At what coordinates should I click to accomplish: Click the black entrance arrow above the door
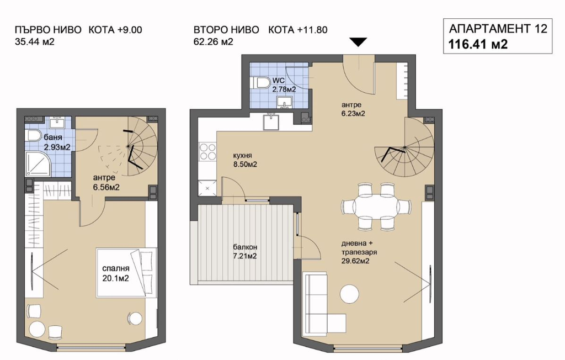click(x=358, y=42)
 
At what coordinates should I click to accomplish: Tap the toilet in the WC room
click(x=262, y=83)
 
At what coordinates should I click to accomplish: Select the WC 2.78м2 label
click(x=284, y=85)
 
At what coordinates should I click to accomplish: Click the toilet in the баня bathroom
click(x=34, y=136)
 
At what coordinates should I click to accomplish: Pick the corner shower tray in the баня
click(x=38, y=163)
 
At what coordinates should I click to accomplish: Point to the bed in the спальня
click(x=126, y=273)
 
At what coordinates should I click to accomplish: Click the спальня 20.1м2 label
click(x=116, y=273)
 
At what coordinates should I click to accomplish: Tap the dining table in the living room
click(x=376, y=207)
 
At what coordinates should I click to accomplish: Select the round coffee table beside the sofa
click(x=349, y=294)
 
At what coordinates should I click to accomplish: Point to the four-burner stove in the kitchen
click(x=207, y=151)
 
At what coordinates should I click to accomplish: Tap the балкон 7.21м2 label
click(x=244, y=251)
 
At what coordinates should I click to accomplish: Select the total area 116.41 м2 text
click(x=478, y=44)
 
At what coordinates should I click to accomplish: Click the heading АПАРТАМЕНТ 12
click(x=498, y=29)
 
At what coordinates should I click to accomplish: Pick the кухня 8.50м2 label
click(x=245, y=160)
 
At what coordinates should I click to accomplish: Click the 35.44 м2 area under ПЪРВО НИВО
click(x=35, y=41)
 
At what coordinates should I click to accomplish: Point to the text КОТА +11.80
click(x=297, y=30)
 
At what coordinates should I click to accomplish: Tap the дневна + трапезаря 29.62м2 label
click(x=359, y=252)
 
